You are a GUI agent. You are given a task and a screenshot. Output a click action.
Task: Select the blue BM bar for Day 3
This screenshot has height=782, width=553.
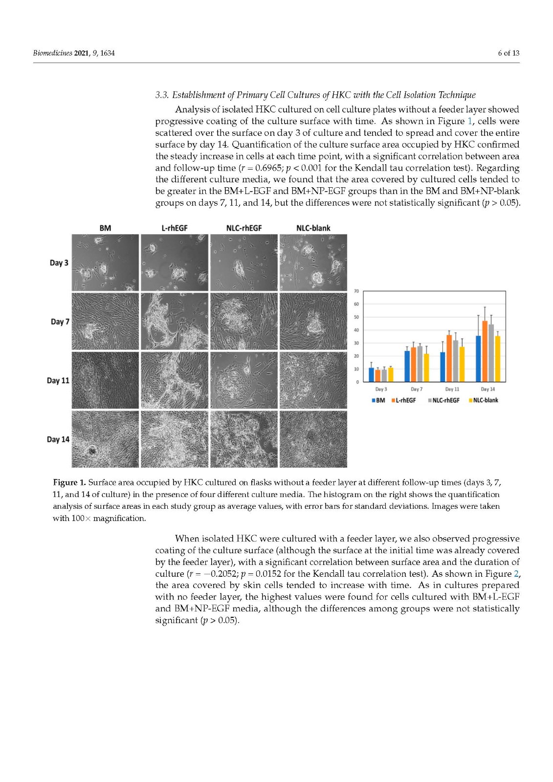tap(371, 375)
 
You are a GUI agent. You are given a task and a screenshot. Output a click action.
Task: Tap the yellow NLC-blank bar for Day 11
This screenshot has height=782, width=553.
tap(462, 364)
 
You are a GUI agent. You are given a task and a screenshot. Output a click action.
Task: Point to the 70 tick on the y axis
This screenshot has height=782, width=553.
tap(356, 291)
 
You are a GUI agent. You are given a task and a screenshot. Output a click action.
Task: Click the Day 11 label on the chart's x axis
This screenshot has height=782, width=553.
tap(452, 389)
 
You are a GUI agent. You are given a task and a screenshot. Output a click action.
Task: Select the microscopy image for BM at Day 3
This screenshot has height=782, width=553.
tap(105, 262)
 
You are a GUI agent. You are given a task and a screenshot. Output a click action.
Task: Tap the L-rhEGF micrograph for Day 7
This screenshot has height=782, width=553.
tap(175, 321)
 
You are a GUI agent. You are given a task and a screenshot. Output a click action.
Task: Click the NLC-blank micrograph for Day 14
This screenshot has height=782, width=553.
tap(313, 439)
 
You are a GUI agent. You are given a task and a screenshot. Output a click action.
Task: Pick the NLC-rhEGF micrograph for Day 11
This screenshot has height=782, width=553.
tap(244, 380)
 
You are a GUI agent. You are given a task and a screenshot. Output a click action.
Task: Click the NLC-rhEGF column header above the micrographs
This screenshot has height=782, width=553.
tap(244, 228)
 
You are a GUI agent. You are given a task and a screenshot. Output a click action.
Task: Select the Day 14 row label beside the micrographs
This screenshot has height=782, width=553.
tap(58, 439)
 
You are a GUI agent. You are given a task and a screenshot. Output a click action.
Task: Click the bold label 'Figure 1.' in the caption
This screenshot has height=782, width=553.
tap(69, 483)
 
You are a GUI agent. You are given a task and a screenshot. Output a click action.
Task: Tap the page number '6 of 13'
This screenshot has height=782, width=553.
tap(509, 53)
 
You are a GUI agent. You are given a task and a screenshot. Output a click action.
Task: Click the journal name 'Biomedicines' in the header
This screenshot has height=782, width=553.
tap(52, 53)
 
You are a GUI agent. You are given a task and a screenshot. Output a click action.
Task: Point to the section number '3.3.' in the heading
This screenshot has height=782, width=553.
tap(162, 95)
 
